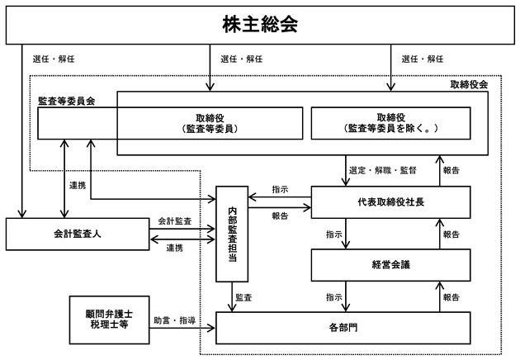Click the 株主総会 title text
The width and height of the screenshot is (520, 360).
(x=260, y=24)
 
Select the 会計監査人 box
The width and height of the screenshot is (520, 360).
(x=78, y=234)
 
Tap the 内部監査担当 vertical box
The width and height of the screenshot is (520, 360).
(x=232, y=234)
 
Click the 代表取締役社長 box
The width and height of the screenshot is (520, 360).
(x=390, y=202)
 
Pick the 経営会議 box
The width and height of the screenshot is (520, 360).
(x=390, y=265)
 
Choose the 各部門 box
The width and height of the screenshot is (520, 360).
(x=343, y=328)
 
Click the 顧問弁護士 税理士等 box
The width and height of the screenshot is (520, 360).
(x=110, y=320)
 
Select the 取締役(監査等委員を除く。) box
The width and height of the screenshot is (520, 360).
(x=390, y=123)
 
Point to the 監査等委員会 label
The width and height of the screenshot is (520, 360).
(x=67, y=102)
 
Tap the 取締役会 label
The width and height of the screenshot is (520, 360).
(x=469, y=84)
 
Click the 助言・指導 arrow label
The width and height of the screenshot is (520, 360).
(x=174, y=320)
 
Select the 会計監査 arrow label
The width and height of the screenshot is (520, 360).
(x=175, y=221)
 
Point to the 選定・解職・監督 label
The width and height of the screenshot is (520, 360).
(x=382, y=171)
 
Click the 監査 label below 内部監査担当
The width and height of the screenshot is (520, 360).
(x=243, y=297)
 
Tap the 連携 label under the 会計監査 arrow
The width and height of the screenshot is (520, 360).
(x=175, y=248)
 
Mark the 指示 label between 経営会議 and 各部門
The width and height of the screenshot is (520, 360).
(x=334, y=297)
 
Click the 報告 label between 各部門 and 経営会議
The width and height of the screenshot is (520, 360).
(x=451, y=297)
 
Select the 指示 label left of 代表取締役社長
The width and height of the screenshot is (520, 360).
(x=281, y=189)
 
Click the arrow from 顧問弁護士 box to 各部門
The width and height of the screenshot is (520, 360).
(x=182, y=329)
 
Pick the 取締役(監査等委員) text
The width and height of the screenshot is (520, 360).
(x=210, y=123)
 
